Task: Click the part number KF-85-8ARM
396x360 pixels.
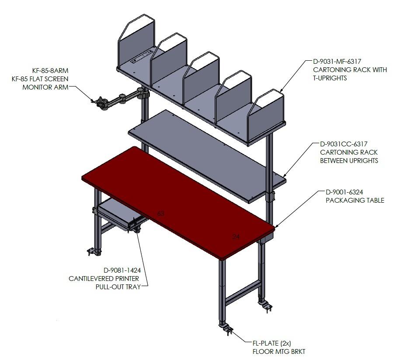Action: (50, 71)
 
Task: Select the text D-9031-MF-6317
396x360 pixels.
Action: (337, 61)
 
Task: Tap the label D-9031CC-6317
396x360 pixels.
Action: (344, 144)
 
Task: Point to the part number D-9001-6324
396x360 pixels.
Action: (344, 192)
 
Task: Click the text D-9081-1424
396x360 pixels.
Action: (122, 270)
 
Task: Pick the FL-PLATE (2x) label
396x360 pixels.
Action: (272, 343)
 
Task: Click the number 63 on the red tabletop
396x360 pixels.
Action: (160, 214)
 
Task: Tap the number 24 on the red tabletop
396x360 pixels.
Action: (236, 237)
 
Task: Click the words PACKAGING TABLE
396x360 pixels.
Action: (355, 201)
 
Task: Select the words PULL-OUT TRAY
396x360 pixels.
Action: (118, 287)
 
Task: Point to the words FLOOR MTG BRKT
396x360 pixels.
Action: (279, 352)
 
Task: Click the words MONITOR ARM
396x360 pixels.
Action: (45, 87)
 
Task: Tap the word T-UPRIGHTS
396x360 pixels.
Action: (330, 78)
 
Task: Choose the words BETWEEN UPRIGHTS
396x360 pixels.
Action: (349, 161)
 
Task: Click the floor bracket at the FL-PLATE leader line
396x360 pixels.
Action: (227, 329)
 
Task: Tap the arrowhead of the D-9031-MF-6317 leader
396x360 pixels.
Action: (281, 90)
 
